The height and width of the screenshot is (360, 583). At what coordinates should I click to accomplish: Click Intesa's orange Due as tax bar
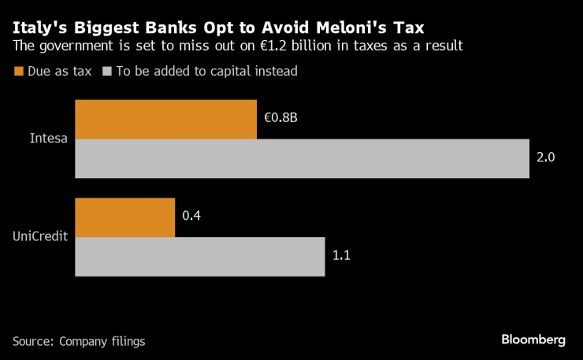pos(165,119)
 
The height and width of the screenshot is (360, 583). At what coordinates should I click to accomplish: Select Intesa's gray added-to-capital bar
pos(302,158)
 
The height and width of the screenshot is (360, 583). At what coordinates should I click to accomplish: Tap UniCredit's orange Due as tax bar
pos(124,217)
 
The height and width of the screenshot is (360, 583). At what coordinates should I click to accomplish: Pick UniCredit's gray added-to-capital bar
pos(199,257)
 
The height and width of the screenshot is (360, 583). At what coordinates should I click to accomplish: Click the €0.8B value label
pos(280,118)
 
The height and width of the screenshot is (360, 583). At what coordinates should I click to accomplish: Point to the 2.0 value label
pos(546,158)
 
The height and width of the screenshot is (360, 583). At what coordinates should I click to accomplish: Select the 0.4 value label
pos(191,217)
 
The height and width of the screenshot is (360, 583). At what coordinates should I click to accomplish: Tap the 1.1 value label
pos(342,257)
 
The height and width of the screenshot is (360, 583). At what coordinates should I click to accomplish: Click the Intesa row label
pos(49,139)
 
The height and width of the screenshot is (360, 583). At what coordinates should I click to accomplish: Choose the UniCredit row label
pos(40,236)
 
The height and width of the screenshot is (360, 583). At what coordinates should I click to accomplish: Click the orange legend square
pos(18,72)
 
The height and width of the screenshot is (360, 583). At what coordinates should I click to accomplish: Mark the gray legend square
pos(106,72)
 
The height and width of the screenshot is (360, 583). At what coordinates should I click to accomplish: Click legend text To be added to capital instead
pos(206,72)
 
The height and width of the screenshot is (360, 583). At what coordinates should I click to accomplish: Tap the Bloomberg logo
pos(533,340)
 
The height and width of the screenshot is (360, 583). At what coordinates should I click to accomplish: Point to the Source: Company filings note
pos(79,341)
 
